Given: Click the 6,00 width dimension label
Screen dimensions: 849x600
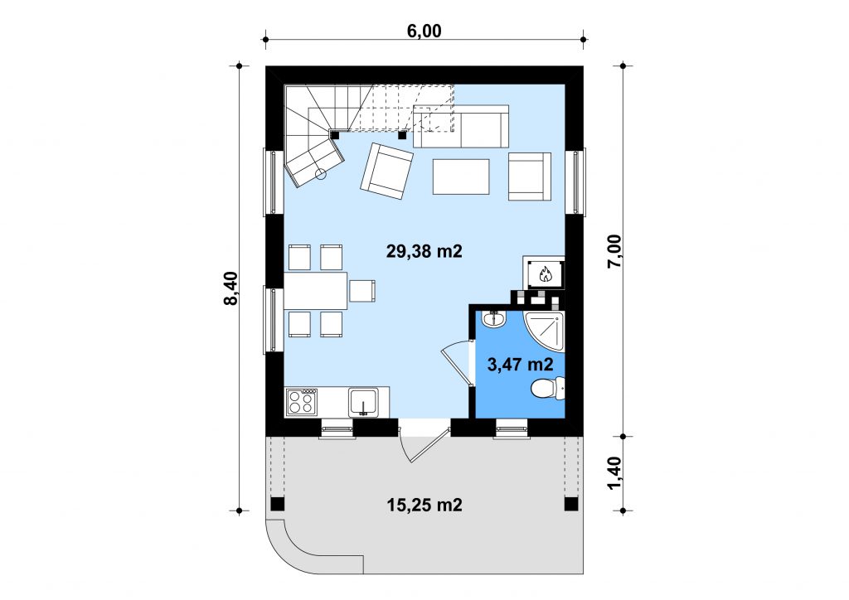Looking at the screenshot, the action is (x=424, y=31).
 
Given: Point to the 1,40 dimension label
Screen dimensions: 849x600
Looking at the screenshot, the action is (x=615, y=473).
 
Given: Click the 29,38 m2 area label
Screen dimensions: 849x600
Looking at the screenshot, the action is (x=424, y=251).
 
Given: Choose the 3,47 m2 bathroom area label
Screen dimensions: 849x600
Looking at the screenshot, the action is (x=521, y=365).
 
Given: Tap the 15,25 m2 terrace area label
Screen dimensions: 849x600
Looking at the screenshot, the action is (x=424, y=505).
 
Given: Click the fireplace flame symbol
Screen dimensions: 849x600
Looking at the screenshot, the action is (x=544, y=274).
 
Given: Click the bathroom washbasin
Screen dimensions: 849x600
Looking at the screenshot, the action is (x=493, y=319).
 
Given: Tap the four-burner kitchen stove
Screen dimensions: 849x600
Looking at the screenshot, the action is (x=302, y=402).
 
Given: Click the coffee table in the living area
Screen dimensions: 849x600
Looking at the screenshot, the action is (x=461, y=177).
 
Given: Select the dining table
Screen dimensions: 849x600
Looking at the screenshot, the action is (x=316, y=291).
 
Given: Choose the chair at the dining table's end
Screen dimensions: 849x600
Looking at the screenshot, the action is (x=362, y=291).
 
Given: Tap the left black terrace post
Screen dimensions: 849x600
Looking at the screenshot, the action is (x=277, y=504).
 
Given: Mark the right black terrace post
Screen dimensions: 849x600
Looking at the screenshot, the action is (x=570, y=504).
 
